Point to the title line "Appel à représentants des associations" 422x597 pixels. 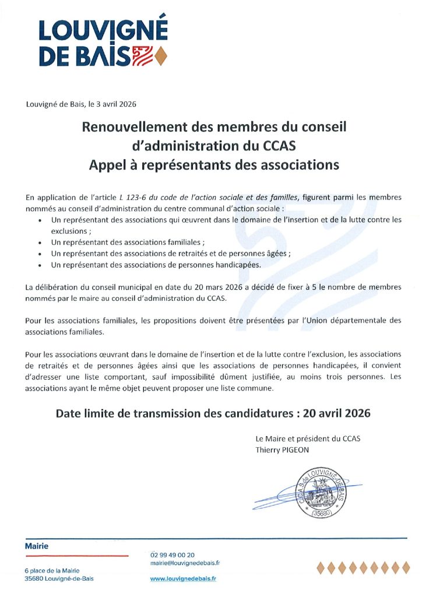tap(214, 165)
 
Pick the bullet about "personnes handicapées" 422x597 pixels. tap(157, 264)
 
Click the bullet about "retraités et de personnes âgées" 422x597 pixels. tap(171, 253)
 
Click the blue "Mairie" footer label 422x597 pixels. tap(37, 546)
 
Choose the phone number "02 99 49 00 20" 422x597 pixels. tap(173, 555)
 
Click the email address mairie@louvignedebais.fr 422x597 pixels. tap(185, 563)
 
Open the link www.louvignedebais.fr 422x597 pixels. tap(183, 578)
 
